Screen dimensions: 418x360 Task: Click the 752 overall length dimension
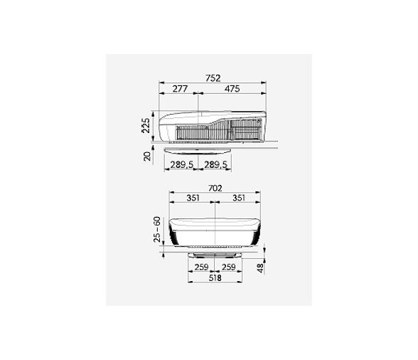213,78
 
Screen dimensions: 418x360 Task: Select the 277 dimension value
181,89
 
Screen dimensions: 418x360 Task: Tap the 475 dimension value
232,89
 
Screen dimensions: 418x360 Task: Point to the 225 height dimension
146,125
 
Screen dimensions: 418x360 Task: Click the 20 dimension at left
147,156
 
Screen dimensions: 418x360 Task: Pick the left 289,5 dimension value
182,164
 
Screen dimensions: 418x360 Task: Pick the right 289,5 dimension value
215,164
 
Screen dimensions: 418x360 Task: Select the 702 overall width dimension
215,189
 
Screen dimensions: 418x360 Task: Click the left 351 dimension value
193,198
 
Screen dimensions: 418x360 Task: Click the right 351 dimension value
239,198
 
